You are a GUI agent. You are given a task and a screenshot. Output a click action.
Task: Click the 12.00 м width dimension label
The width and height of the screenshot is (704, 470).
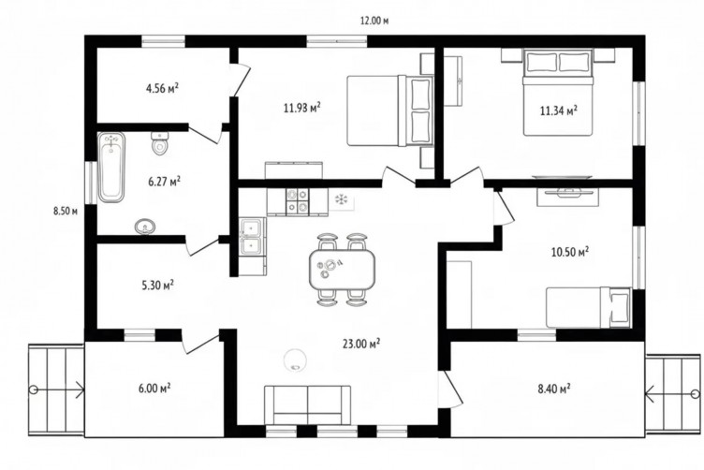(x=374, y=21)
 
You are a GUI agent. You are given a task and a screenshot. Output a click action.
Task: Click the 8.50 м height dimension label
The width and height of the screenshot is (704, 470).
(x=66, y=211)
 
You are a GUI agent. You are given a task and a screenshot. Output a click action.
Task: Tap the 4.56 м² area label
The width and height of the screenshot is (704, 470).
(x=163, y=88)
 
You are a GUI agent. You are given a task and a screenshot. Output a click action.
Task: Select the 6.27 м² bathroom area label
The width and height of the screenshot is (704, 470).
(x=165, y=182)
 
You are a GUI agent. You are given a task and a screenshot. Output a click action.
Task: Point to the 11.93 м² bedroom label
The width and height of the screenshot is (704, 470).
(x=302, y=108)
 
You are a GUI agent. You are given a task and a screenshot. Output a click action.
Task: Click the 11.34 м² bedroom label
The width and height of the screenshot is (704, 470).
(x=559, y=110)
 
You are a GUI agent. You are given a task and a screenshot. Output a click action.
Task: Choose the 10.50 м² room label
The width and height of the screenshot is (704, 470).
(x=570, y=252)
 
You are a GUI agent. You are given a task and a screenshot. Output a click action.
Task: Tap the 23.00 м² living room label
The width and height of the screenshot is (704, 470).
(x=361, y=344)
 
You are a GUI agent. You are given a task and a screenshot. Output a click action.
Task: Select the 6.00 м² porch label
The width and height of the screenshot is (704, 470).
(x=154, y=388)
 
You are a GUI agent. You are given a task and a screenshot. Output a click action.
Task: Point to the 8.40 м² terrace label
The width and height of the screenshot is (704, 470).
(x=554, y=389)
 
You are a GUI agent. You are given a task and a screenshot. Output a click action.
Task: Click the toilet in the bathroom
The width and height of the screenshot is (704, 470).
(x=159, y=143)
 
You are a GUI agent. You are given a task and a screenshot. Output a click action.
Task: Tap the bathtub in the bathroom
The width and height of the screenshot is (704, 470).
(x=111, y=168)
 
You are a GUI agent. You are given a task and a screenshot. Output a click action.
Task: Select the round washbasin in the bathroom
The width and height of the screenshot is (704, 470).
(x=145, y=227)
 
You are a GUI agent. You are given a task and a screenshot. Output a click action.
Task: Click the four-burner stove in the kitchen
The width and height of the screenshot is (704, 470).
(x=298, y=199)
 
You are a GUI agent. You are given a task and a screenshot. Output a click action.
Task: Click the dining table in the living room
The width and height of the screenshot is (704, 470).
(x=342, y=271)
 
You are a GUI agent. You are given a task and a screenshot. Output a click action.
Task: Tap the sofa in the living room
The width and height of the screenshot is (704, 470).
(x=308, y=404)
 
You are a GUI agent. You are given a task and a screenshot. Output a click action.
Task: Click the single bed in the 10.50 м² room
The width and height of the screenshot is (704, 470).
(x=588, y=307)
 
